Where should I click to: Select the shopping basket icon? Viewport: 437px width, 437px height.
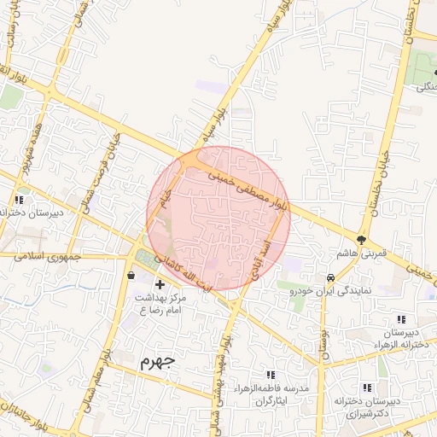tap(131, 276)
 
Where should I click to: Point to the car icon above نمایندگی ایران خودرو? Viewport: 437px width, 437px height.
tap(329, 277)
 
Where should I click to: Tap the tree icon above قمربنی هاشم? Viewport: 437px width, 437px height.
tap(362, 240)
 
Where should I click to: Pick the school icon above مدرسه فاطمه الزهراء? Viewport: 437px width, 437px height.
tap(271, 375)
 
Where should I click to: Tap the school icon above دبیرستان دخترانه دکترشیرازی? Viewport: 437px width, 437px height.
tap(382, 386)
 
